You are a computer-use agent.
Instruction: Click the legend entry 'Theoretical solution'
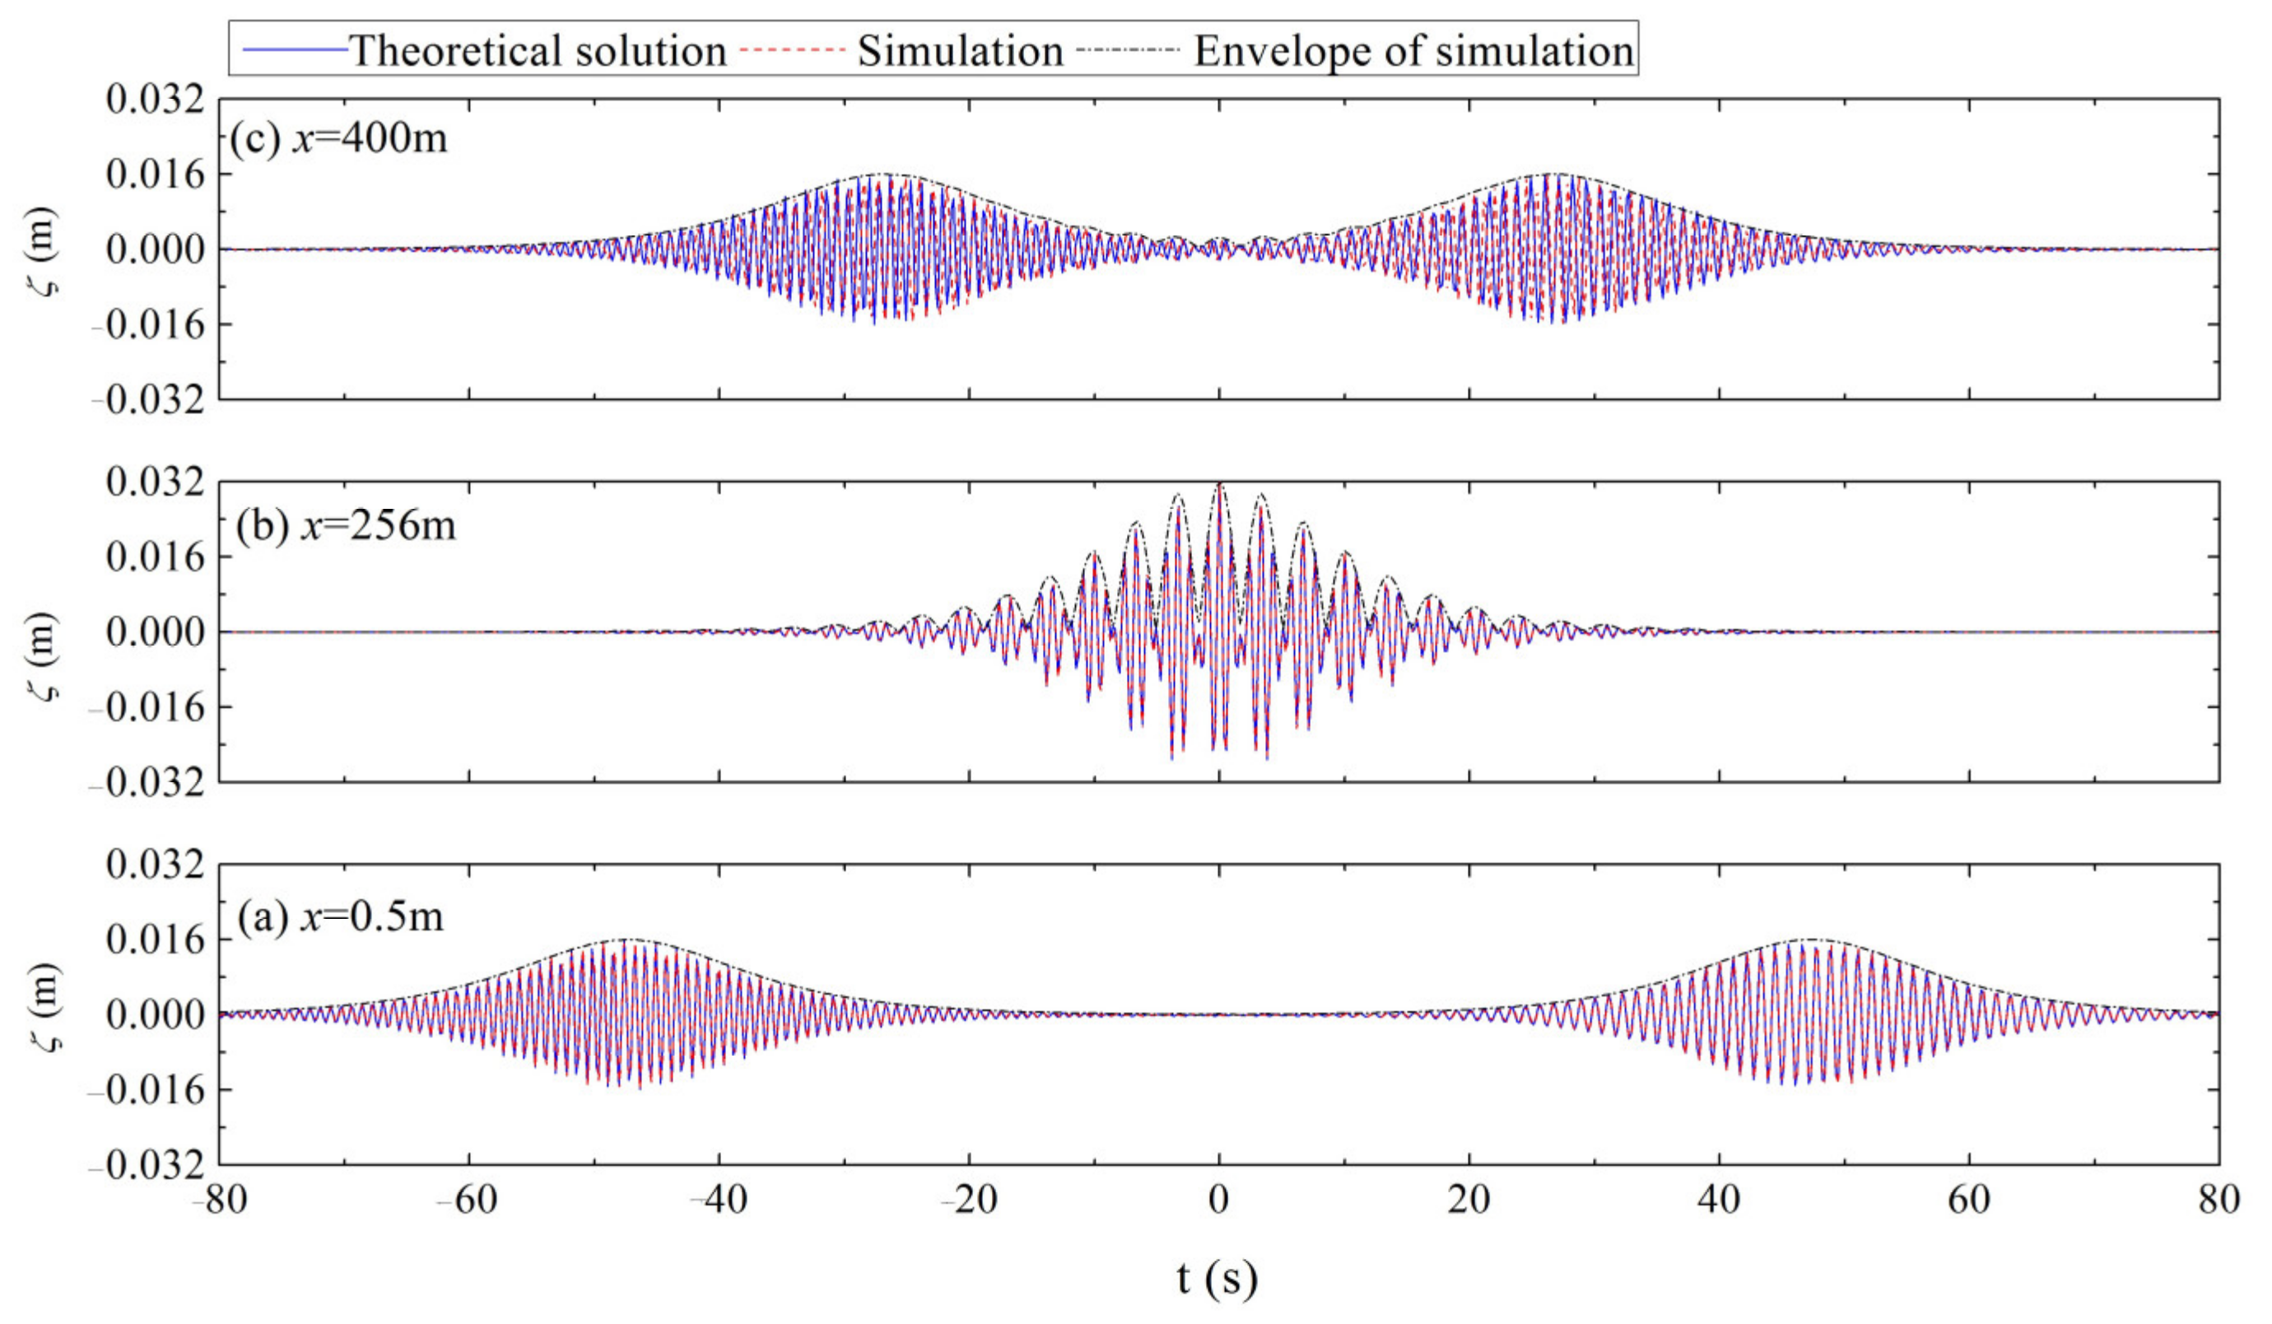click(538, 50)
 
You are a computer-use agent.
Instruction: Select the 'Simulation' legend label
click(960, 50)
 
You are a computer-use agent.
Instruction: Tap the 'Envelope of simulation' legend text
click(1413, 50)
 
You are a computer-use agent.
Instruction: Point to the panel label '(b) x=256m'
click(345, 524)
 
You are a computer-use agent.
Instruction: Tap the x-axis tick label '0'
click(1219, 1200)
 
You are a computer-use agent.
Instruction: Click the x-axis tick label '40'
click(1719, 1200)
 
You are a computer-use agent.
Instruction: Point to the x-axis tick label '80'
click(2218, 1200)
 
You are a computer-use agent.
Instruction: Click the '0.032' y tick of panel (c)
click(155, 99)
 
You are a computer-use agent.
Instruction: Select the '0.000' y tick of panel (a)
click(155, 1014)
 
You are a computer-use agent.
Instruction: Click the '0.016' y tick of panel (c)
click(155, 174)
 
